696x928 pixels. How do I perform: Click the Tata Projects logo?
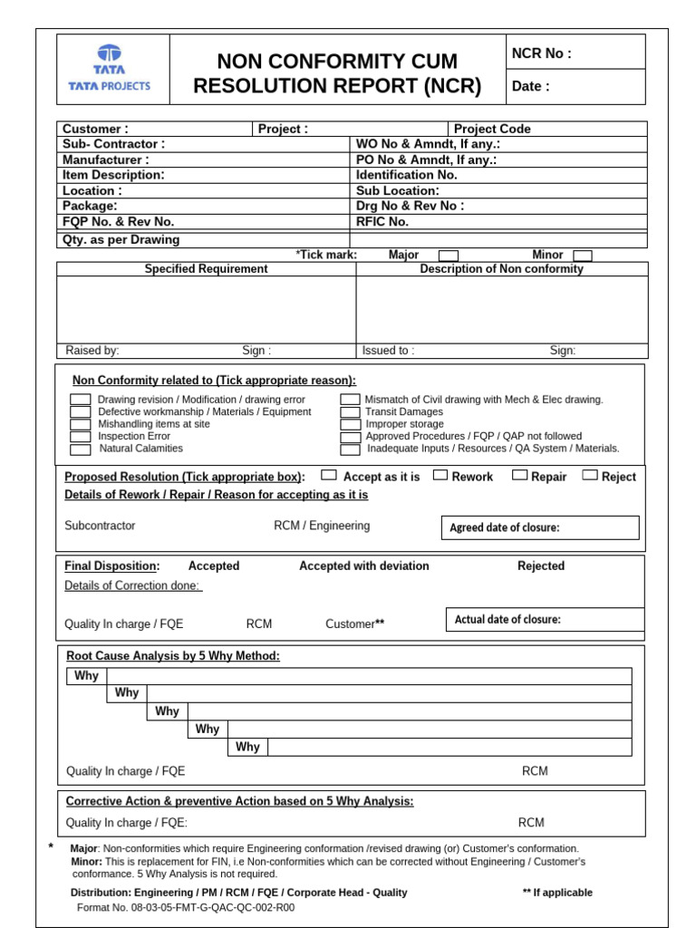110,69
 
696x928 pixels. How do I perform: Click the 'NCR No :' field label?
542,53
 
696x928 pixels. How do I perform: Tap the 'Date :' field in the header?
531,87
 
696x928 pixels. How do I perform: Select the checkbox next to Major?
449,256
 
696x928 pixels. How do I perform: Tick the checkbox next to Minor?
583,256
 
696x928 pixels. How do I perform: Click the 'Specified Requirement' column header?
206,269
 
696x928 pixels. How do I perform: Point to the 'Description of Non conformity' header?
501,269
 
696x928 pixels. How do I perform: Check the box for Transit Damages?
350,412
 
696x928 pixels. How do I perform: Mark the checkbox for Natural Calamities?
81,449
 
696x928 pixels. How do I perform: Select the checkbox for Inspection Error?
81,437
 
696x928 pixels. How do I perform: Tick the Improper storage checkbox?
350,425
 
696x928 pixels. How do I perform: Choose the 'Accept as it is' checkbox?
329,475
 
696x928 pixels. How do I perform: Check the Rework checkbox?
440,475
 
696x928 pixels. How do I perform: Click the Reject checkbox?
590,475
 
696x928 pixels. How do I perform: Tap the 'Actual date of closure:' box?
544,620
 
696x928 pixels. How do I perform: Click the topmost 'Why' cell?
87,676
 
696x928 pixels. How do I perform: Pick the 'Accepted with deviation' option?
364,566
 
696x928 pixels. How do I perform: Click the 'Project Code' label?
492,129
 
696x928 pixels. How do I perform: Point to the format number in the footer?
186,907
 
